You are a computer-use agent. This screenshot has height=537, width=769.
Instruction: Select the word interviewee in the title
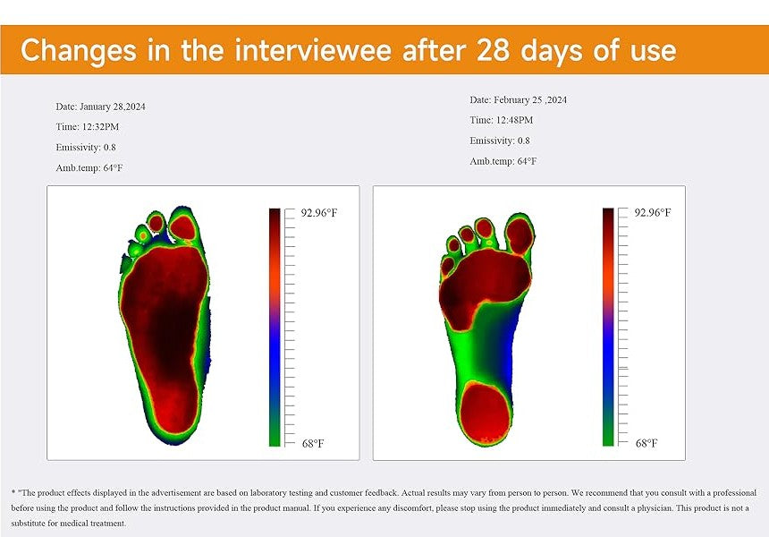313,49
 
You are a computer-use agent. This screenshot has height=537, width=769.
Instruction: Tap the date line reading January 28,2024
100,107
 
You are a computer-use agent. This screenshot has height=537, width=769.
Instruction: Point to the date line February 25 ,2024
518,99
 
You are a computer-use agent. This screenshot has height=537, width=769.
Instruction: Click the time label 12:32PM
100,126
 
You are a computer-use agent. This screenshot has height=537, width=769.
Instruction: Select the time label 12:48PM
514,120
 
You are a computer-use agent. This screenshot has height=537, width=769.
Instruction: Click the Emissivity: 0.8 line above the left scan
86,148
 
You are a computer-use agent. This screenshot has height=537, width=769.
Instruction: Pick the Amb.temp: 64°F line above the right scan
503,161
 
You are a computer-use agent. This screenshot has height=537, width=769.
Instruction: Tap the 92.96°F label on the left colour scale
319,212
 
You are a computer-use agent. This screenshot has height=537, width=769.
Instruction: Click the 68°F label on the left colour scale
313,444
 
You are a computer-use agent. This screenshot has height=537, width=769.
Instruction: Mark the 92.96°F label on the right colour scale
652,212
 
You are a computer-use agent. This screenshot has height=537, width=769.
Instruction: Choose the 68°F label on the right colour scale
646,443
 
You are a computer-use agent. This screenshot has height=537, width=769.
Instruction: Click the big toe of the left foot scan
182,227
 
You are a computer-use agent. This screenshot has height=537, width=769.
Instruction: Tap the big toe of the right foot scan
520,235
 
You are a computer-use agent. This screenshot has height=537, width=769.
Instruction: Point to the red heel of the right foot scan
486,413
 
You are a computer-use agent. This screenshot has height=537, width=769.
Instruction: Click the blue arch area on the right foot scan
509,344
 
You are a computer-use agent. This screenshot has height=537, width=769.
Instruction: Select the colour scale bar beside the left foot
275,327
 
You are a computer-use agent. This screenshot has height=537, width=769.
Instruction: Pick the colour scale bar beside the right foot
608,327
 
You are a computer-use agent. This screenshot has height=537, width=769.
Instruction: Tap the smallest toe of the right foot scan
447,266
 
